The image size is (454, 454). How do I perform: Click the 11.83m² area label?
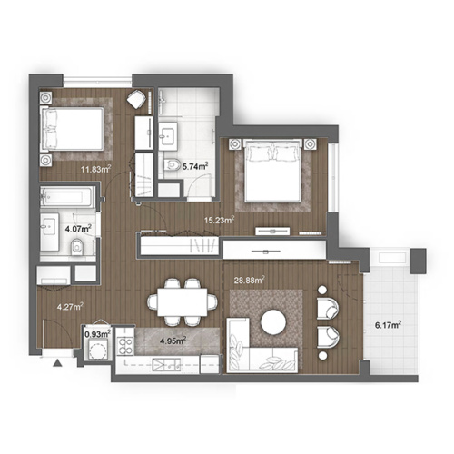[94, 168]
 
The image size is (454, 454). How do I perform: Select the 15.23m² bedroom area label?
[220, 219]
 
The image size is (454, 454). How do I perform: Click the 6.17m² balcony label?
[388, 324]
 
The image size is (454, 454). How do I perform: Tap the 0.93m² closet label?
[97, 334]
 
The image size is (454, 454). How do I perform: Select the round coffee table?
[273, 322]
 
